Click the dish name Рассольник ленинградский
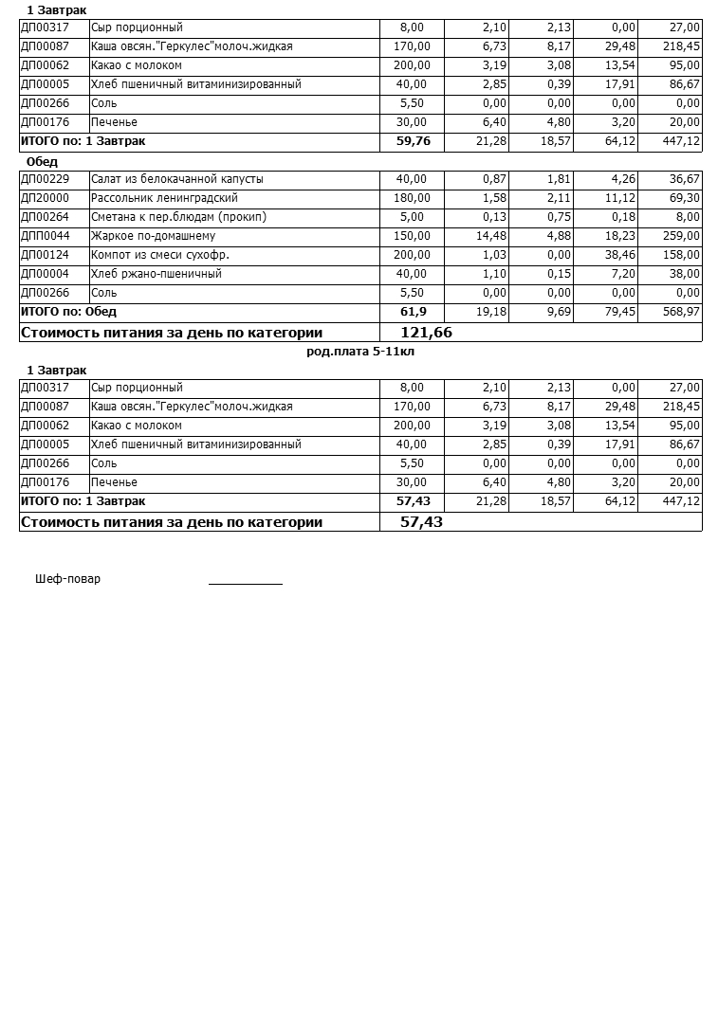164,198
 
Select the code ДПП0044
46,236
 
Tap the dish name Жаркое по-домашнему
153,236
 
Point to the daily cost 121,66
427,333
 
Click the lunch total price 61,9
414,312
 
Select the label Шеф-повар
67,579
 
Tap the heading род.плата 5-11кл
360,351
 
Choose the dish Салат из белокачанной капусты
177,179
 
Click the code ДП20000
45,198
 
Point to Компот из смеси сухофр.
160,255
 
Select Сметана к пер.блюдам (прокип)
178,217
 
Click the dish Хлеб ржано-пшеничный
156,274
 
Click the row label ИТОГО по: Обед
68,312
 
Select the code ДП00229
45,179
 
